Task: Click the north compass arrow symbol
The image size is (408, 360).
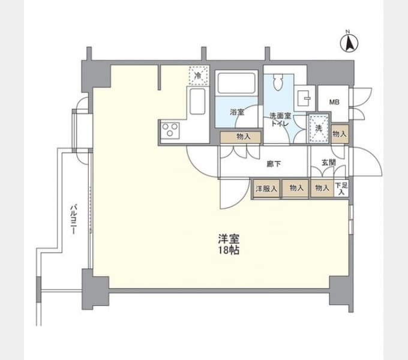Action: point(349,43)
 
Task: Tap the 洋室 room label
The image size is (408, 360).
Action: point(229,239)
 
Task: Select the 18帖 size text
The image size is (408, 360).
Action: point(229,250)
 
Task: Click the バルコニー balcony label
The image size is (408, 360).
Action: point(74,220)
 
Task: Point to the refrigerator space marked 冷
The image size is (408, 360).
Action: point(199,76)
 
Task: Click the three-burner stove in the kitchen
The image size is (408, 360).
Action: point(170,130)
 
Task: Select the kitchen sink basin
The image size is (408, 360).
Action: point(197,101)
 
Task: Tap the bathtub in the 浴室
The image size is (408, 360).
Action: point(236,83)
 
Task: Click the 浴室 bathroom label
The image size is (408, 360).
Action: point(237,112)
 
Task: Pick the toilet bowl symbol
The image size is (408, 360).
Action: point(278,82)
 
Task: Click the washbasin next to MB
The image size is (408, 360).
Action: point(304,98)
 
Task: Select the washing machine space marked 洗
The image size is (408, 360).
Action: point(319,128)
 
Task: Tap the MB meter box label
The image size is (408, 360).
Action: point(334,102)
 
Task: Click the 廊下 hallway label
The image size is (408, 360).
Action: point(274,164)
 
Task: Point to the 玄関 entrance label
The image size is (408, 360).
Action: point(329,163)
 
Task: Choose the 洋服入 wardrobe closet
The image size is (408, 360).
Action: point(266,188)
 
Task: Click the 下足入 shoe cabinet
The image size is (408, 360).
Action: point(341,188)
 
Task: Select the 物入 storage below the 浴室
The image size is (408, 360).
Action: point(241,137)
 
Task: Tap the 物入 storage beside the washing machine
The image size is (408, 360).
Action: point(340,134)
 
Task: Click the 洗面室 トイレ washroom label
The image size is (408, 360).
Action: point(280,119)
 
